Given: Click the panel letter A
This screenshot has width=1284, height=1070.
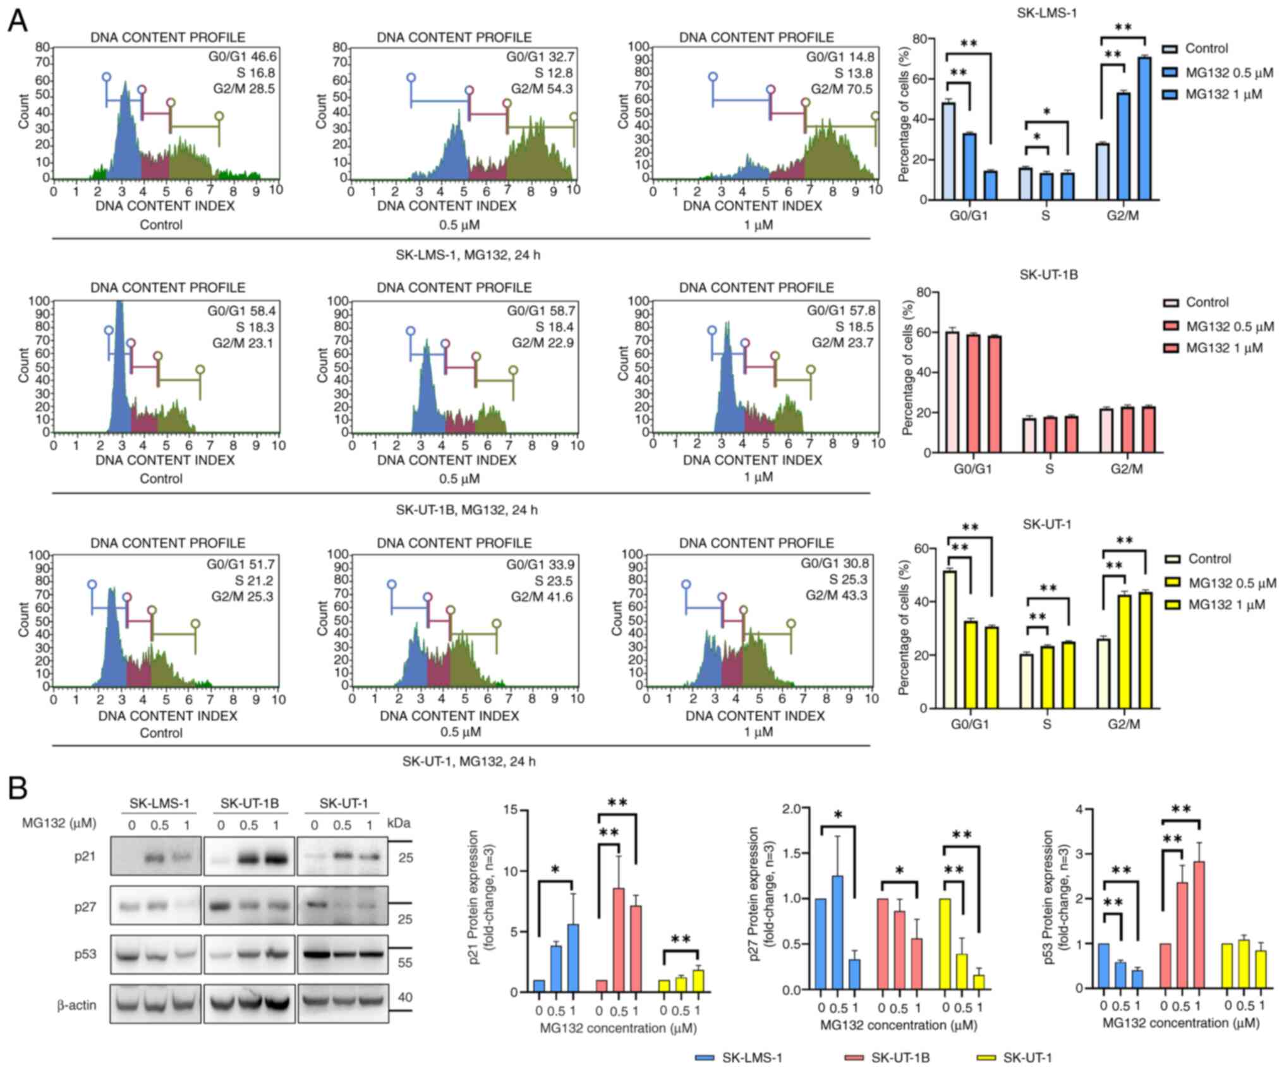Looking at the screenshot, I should click(18, 21).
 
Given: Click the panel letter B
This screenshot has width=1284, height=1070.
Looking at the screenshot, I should click(18, 788).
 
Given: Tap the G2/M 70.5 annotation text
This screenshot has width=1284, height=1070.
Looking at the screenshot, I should click(842, 89).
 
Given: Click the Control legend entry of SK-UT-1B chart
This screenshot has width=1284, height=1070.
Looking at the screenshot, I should click(1207, 302).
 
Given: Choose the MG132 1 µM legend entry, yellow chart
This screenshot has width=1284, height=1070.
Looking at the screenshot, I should click(1226, 605).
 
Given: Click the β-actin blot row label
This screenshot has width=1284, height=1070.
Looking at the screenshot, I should click(76, 1004).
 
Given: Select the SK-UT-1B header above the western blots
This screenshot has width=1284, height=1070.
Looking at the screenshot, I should click(249, 804).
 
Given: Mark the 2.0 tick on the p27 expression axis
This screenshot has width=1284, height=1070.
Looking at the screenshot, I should click(790, 809).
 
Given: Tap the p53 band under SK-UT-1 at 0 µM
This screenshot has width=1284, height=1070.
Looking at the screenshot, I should click(314, 954).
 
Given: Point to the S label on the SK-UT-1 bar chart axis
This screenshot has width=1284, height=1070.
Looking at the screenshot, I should click(1046, 724).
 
